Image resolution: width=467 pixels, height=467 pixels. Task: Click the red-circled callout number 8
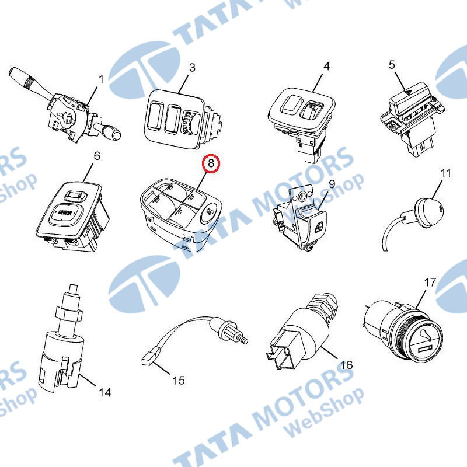tap(211, 163)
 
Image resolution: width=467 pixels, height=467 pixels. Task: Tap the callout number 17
tap(430, 283)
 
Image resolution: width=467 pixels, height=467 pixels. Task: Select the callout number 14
tap(104, 393)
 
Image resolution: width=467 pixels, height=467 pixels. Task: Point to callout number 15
tap(179, 381)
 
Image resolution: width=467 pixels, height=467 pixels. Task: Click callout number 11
tap(445, 173)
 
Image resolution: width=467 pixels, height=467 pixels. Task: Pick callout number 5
tap(392, 65)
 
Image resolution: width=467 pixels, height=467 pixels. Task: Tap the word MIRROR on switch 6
tap(65, 213)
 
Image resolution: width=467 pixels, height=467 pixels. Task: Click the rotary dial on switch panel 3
tap(189, 121)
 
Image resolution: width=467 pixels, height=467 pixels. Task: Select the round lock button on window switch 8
tap(210, 212)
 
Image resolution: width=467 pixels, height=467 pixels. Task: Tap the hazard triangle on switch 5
tap(409, 92)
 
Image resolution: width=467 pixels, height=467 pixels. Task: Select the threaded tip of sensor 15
tap(242, 339)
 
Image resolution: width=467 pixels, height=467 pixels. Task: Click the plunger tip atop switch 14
tap(74, 290)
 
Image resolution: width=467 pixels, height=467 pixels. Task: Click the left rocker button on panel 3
tap(154, 116)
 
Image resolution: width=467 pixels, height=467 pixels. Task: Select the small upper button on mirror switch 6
tap(76, 196)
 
